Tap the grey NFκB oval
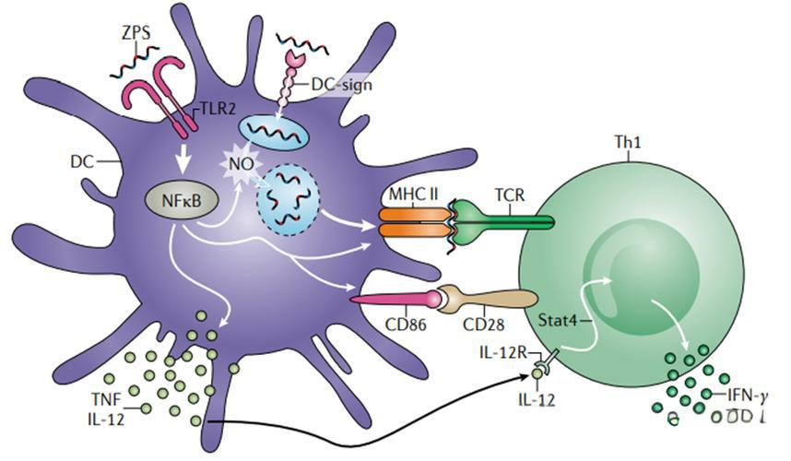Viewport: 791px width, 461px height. [177, 200]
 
